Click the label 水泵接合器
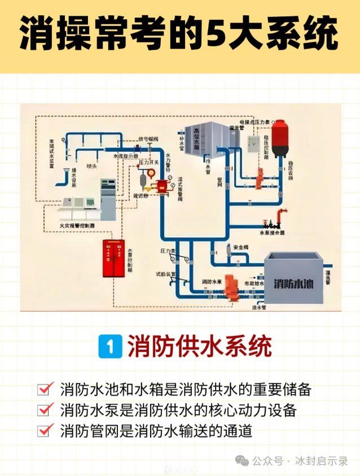(x=271, y=232)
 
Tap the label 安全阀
(x=241, y=247)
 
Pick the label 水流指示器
(x=126, y=156)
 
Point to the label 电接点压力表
(x=253, y=122)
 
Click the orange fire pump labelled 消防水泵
(x=230, y=286)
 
